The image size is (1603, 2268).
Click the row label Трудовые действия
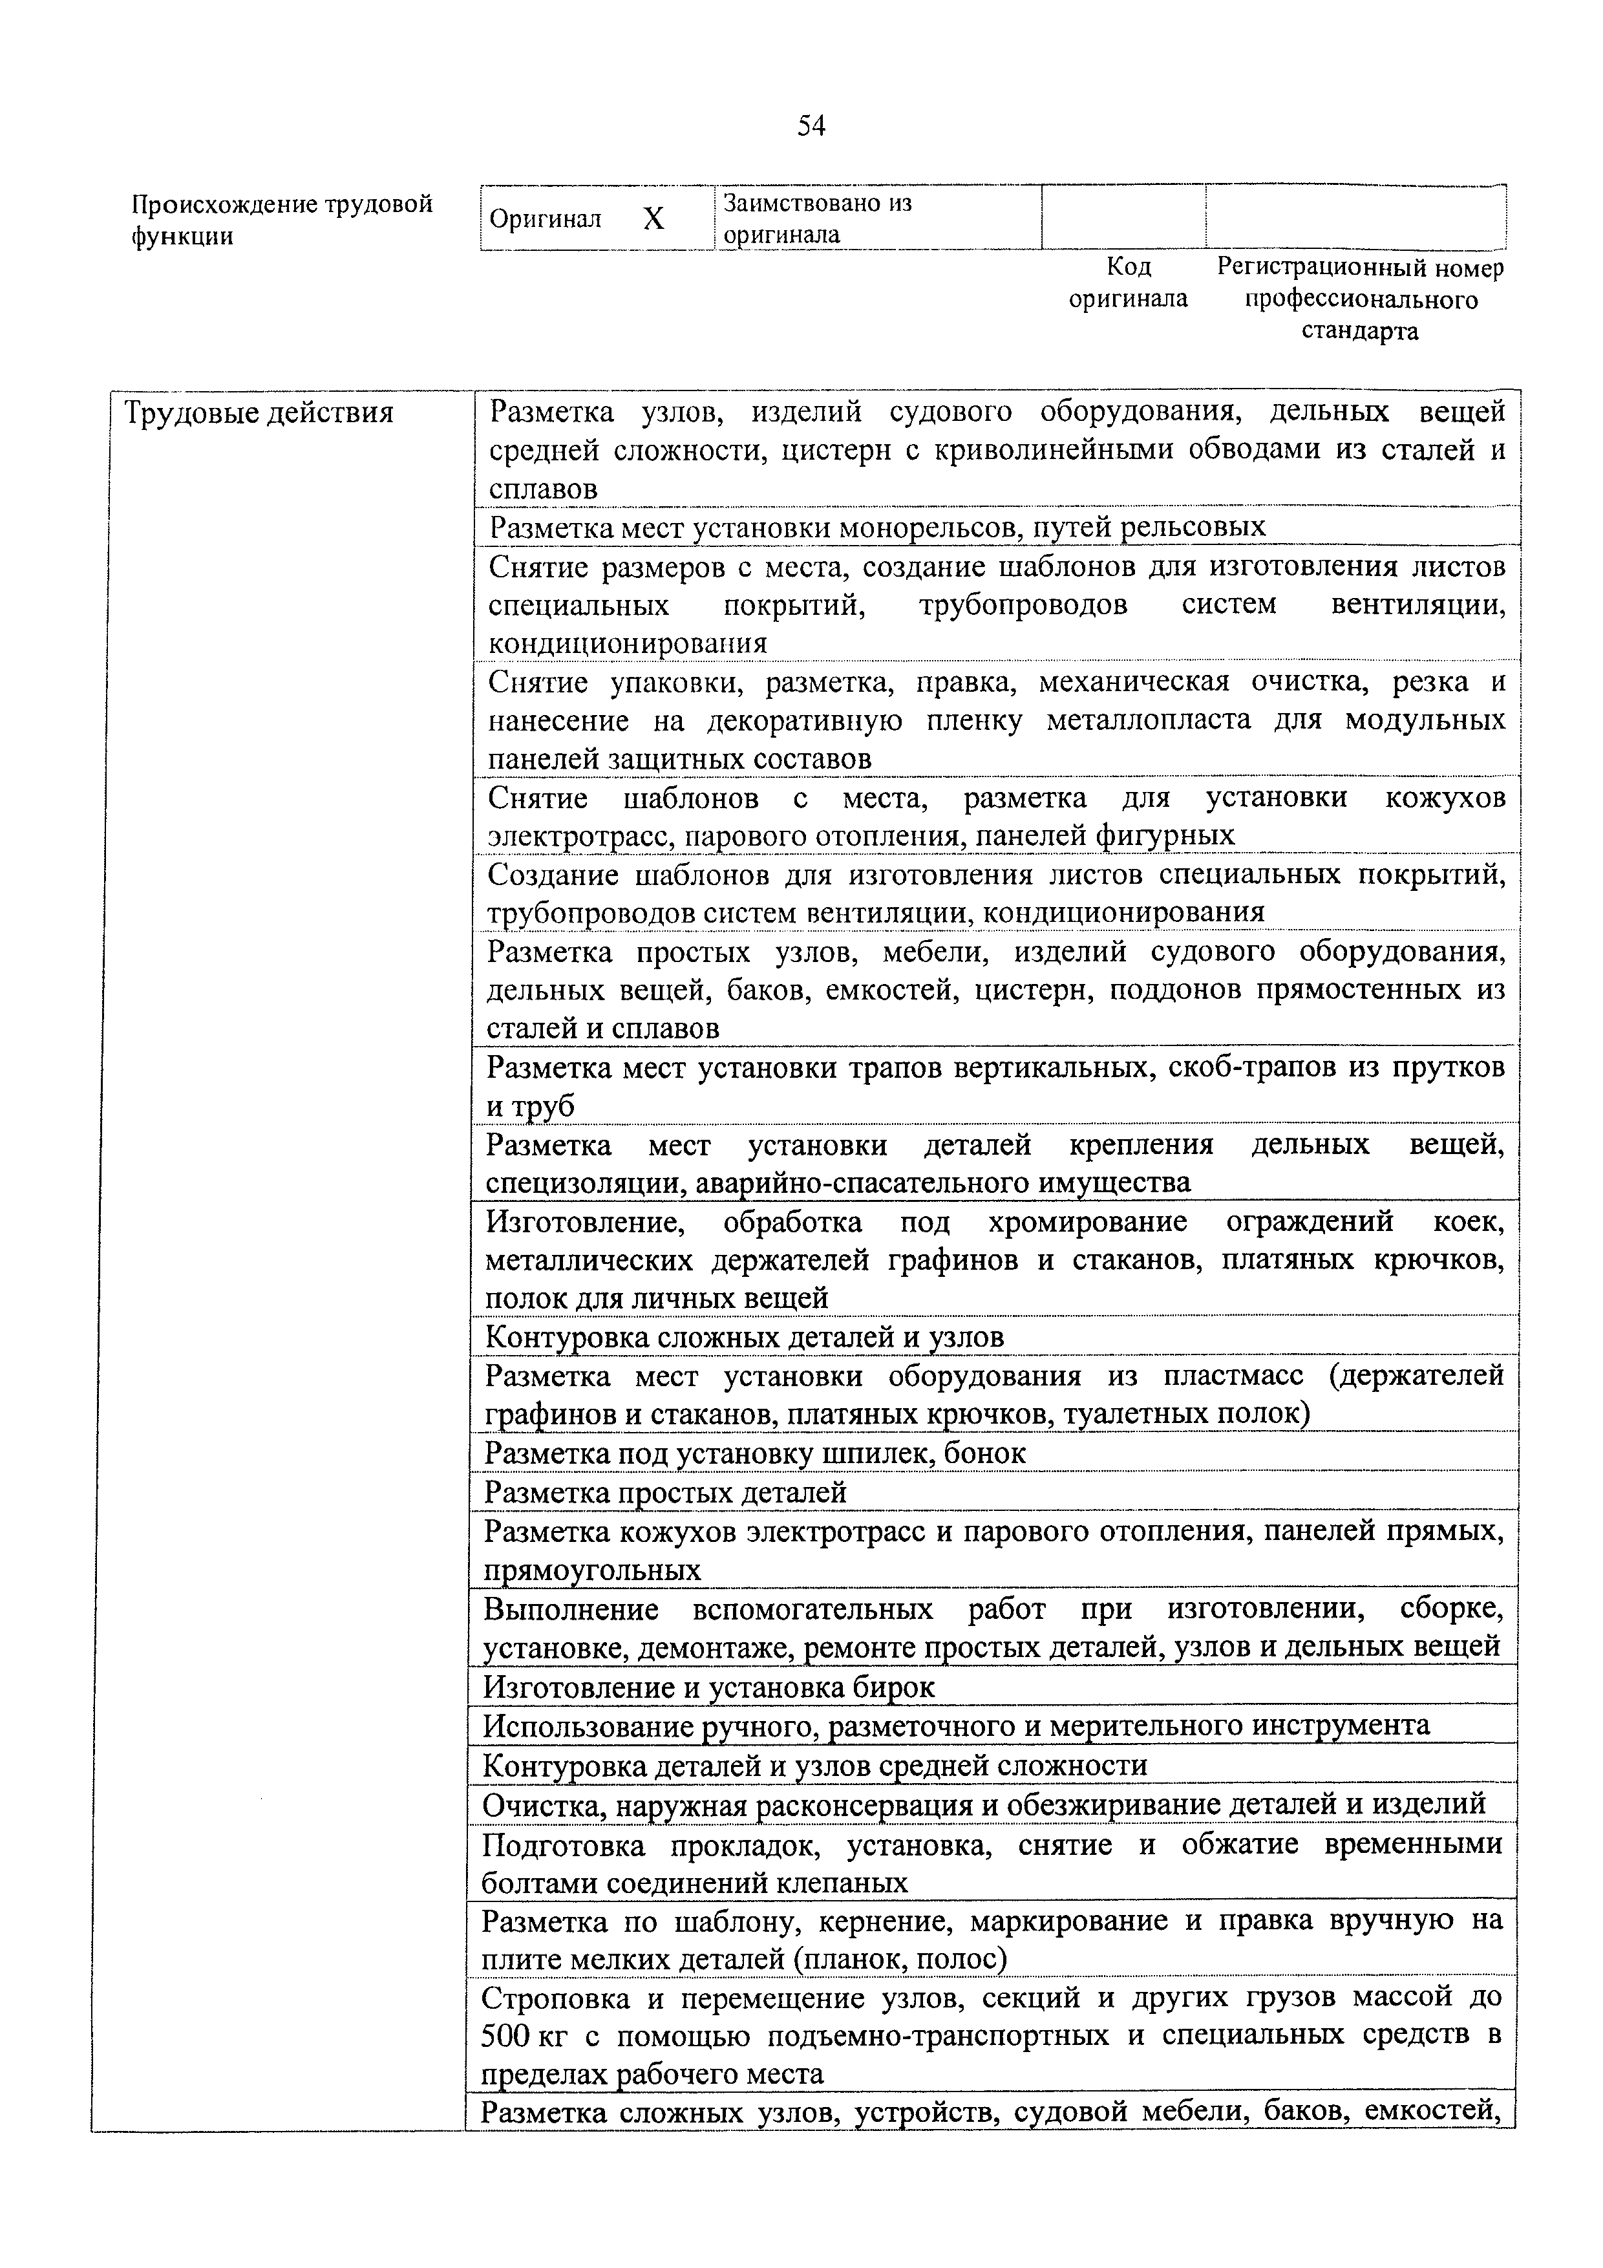[x=258, y=413]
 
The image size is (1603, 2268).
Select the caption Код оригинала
[x=1128, y=283]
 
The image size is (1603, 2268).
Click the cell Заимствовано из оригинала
[x=818, y=219]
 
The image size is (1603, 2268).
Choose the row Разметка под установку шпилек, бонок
[x=754, y=1453]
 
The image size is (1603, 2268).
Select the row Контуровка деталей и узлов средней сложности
[x=815, y=1765]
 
